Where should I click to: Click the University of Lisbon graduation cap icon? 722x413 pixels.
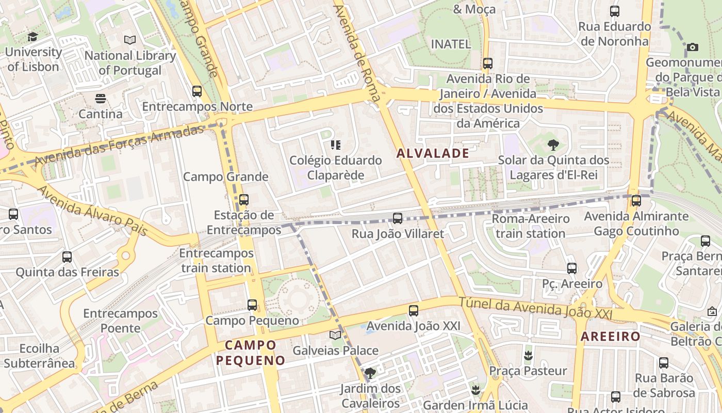[32, 37]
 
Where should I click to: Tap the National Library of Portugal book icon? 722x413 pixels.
[130, 40]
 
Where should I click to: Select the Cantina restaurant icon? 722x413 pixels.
[101, 98]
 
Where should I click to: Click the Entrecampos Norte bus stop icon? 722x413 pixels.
[197, 91]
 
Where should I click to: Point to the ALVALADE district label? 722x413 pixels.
[433, 153]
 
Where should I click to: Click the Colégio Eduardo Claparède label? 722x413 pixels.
[336, 168]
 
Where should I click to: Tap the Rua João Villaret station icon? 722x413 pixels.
[397, 218]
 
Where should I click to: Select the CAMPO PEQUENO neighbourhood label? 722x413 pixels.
[251, 353]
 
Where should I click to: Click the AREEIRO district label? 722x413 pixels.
[611, 337]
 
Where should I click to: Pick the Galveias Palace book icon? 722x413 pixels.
[335, 335]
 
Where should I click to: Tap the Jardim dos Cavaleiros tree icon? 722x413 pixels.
[370, 373]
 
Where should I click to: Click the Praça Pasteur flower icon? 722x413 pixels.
[528, 355]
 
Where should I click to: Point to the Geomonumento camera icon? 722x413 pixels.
[693, 47]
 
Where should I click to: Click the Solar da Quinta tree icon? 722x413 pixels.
[553, 145]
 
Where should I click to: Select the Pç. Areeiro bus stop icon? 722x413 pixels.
[572, 268]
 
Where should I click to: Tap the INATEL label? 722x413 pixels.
[451, 44]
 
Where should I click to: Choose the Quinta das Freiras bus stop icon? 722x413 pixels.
[67, 257]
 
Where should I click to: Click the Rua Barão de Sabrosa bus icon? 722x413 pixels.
[664, 363]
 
